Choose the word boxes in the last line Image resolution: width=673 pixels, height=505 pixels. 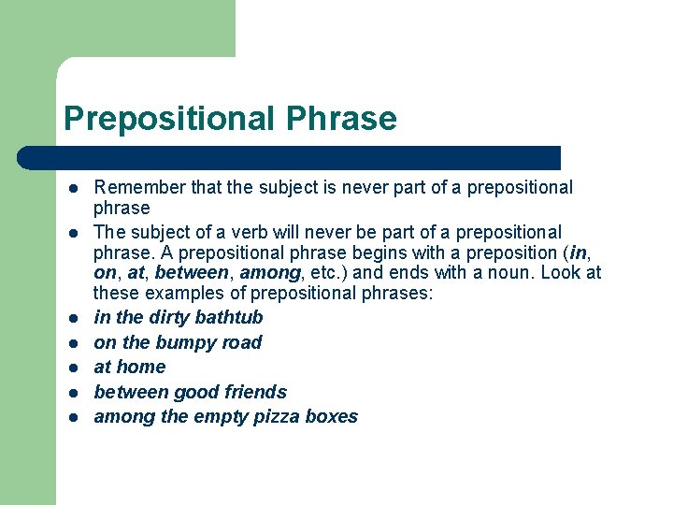[x=333, y=416]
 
